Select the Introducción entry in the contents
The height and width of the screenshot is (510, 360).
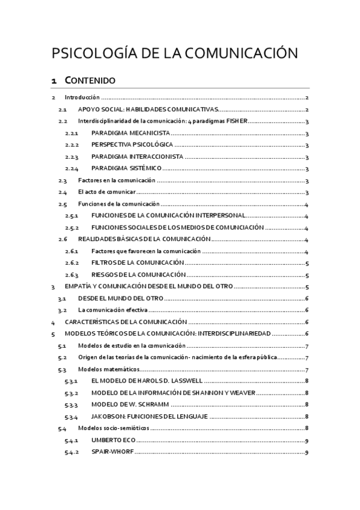(x=82, y=97)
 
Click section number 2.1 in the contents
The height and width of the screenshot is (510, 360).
(x=62, y=109)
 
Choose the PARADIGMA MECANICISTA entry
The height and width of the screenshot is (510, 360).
(x=130, y=133)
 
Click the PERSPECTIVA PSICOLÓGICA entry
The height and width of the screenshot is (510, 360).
(x=132, y=145)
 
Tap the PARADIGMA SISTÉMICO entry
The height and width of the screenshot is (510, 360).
(x=127, y=168)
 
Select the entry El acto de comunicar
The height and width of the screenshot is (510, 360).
(x=106, y=192)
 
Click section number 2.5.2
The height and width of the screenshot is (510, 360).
(x=72, y=227)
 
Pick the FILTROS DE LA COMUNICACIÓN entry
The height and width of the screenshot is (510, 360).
(x=136, y=263)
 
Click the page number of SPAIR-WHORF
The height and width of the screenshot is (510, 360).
(x=307, y=452)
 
